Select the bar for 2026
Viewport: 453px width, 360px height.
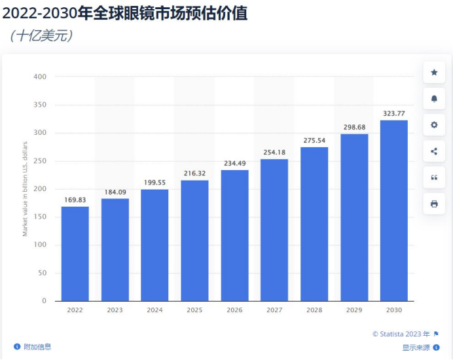coord(234,235)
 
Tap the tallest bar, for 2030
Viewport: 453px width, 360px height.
coord(393,210)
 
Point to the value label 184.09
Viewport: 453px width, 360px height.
coord(115,192)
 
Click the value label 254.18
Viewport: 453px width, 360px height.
coord(274,153)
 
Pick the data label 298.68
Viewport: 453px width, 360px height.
coord(353,127)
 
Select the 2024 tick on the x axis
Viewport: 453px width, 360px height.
coord(154,310)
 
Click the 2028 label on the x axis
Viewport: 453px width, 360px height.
coord(314,310)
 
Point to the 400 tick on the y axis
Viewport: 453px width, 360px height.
coord(41,77)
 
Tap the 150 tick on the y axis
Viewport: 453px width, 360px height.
coord(41,217)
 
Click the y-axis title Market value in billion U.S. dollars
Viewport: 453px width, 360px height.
coord(26,189)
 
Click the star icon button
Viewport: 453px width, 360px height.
coord(434,72)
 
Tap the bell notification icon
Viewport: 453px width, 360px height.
coord(434,99)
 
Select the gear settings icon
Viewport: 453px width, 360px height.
coord(434,125)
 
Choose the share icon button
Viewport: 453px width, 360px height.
coord(434,151)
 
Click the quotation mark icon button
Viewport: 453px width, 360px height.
coord(434,177)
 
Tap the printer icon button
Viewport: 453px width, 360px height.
coord(434,204)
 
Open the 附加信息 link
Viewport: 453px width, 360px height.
coord(37,347)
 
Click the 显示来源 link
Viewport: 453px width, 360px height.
coord(416,348)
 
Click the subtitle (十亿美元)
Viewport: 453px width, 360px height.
coord(41,35)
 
